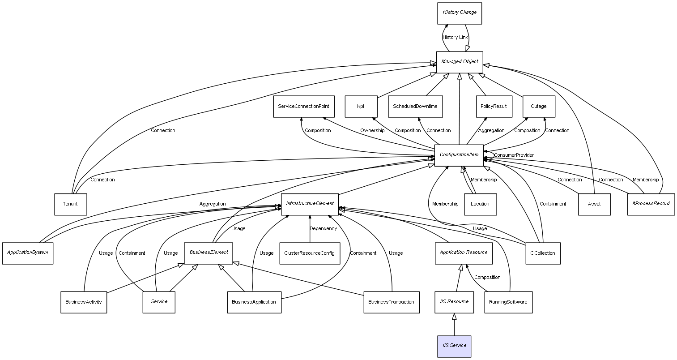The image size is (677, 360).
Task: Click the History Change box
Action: pyautogui.click(x=460, y=13)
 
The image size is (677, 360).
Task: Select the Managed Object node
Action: pyautogui.click(x=460, y=62)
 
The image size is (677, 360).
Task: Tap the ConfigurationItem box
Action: pyautogui.click(x=459, y=155)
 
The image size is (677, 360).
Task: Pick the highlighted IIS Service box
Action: pyautogui.click(x=454, y=346)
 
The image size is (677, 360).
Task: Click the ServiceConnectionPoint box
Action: pyautogui.click(x=303, y=107)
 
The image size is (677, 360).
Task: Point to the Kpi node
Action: pyautogui.click(x=361, y=107)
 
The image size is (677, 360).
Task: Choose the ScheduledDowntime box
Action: pyautogui.click(x=415, y=107)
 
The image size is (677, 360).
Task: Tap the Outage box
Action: pyautogui.click(x=538, y=107)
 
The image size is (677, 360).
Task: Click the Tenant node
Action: pyautogui.click(x=70, y=204)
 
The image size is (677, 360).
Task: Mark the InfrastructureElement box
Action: pyautogui.click(x=310, y=204)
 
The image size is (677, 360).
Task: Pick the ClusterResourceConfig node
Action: pyautogui.click(x=309, y=253)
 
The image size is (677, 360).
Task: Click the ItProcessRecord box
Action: pyautogui.click(x=651, y=204)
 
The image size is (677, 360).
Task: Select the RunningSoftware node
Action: pyautogui.click(x=508, y=302)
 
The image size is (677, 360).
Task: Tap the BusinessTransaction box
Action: pyautogui.click(x=391, y=302)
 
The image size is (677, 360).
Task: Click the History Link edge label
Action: pyautogui.click(x=455, y=38)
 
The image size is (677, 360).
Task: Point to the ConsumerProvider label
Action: pyautogui.click(x=514, y=155)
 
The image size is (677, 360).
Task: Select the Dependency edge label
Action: pyautogui.click(x=323, y=229)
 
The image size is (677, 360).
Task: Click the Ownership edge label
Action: pyautogui.click(x=372, y=131)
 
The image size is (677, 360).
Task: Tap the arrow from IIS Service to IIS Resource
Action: pyautogui.click(x=454, y=324)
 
